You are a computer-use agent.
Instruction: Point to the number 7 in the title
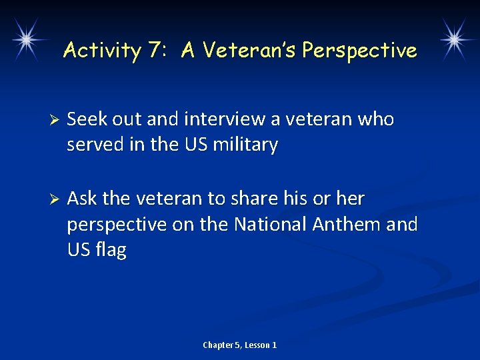pyautogui.click(x=155, y=50)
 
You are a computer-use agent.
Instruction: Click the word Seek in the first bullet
pyautogui.click(x=84, y=119)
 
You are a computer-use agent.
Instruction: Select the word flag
pyautogui.click(x=111, y=250)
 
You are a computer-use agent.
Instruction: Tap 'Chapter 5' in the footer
pyautogui.click(x=221, y=345)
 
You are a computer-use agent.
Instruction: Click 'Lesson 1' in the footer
pyautogui.click(x=261, y=345)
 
